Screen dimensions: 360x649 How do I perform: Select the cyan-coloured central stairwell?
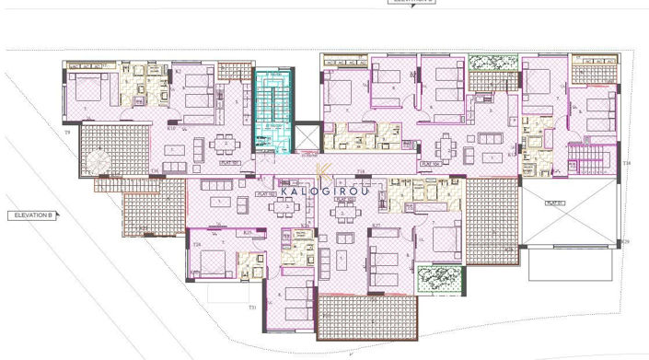(x=272, y=110)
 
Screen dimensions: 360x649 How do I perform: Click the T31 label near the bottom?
(x=252, y=308)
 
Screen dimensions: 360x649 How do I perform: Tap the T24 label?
(x=198, y=245)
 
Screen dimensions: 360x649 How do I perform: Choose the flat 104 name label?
(x=428, y=163)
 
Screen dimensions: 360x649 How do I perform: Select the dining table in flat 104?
(x=447, y=145)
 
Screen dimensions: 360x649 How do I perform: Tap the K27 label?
(x=375, y=225)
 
